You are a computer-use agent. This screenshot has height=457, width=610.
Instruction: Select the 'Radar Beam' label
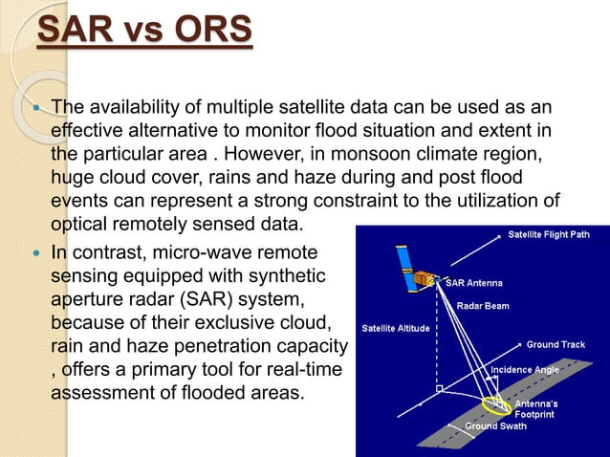(483, 306)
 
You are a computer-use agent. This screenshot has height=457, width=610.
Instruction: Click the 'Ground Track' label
(556, 344)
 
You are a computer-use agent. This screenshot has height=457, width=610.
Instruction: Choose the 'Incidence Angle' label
(525, 368)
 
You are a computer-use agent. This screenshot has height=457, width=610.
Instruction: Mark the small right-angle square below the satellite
(437, 391)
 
